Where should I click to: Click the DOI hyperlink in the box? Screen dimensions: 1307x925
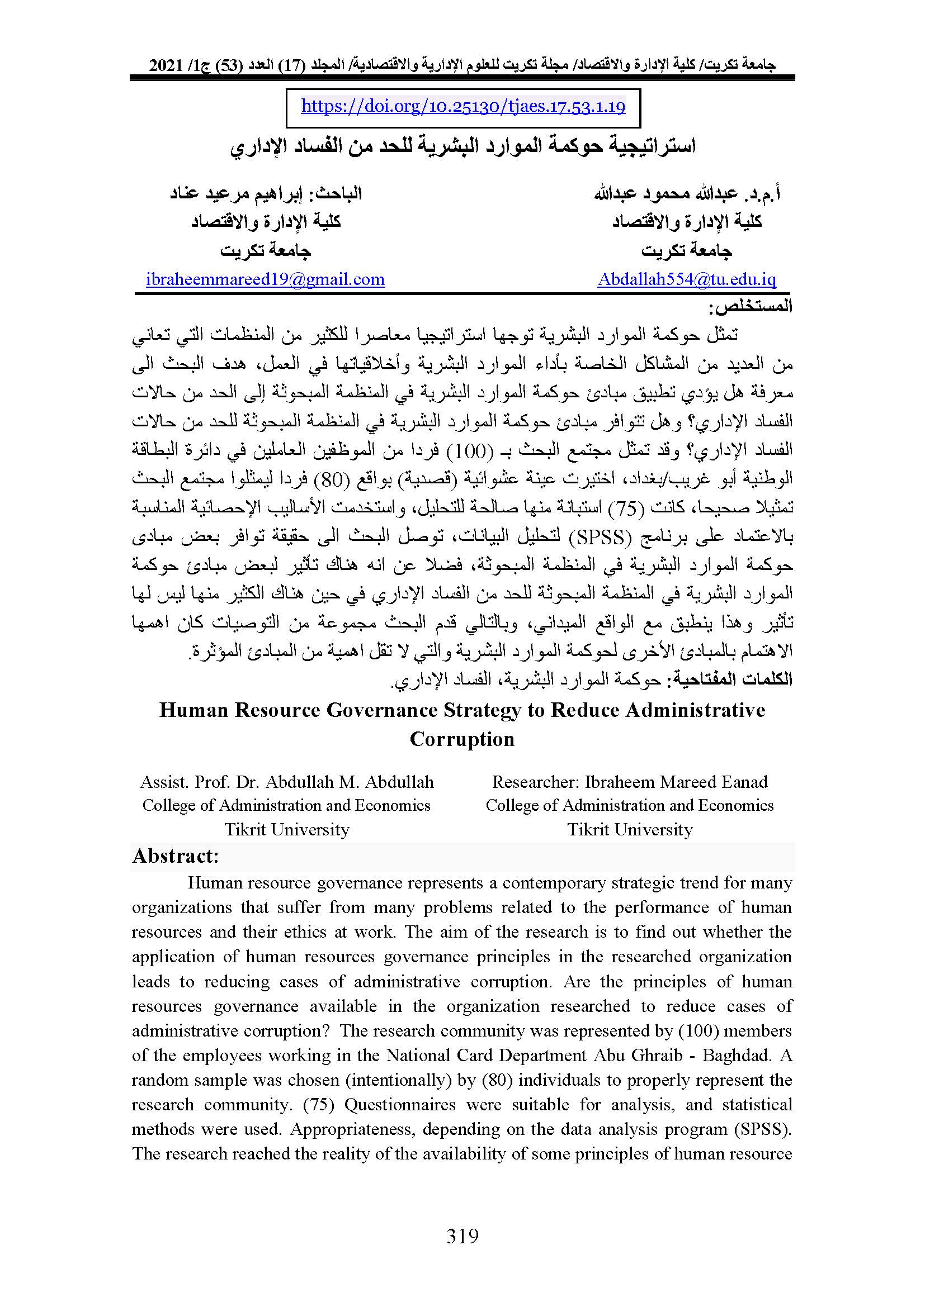[463, 107]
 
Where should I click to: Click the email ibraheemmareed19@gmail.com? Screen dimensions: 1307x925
[265, 279]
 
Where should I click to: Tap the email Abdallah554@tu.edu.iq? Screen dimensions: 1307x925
[686, 279]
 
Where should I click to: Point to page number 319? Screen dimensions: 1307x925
[463, 1235]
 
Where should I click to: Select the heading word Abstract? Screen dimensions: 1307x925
[176, 856]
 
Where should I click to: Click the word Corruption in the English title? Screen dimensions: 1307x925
[462, 739]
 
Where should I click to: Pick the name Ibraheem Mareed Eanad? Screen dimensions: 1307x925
[676, 782]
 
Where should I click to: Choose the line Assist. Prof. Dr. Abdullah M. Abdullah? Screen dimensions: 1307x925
[287, 782]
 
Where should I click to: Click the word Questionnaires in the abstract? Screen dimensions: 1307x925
[400, 1104]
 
